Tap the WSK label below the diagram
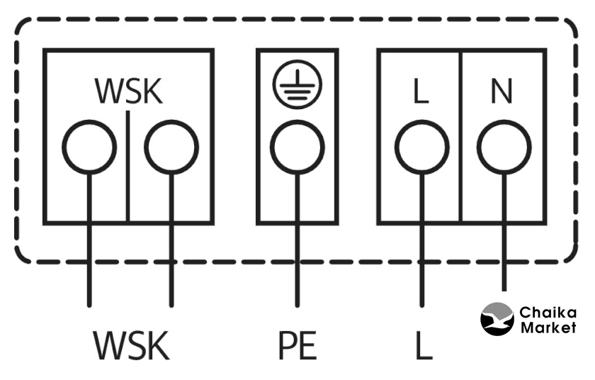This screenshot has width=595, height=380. click(131, 345)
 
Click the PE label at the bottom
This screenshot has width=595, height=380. click(297, 345)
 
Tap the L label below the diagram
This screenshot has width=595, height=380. click(422, 345)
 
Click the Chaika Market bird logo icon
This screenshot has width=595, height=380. click(497, 318)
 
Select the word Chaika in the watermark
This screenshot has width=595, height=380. click(548, 313)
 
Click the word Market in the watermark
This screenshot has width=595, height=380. click(548, 328)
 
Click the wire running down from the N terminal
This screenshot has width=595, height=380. click(504, 241)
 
